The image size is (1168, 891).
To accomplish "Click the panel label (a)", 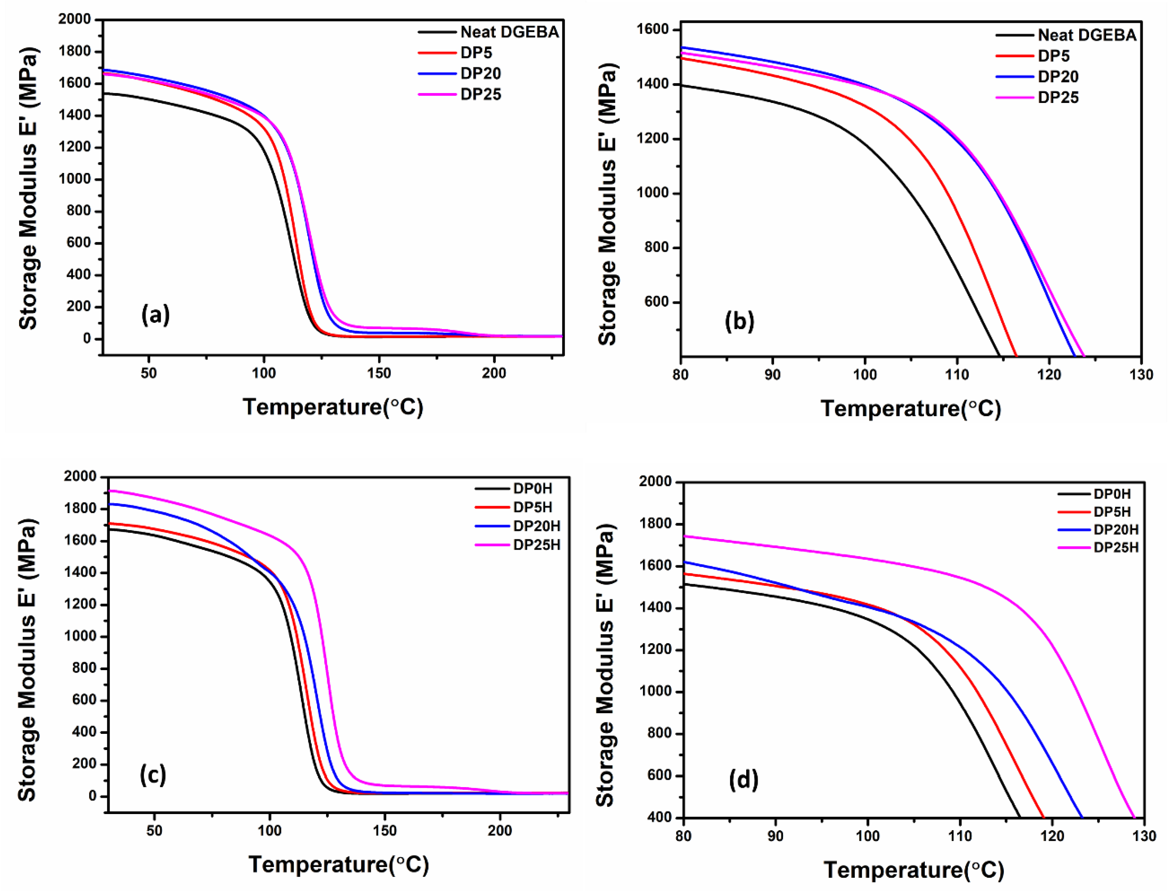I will click(156, 315).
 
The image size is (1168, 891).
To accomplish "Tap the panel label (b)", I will click(739, 322).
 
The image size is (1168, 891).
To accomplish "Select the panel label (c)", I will click(153, 775).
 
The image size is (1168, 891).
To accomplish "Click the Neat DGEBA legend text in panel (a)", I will click(509, 32).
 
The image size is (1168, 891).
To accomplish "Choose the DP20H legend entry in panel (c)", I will click(537, 526).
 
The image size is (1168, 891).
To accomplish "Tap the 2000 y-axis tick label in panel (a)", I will click(74, 20).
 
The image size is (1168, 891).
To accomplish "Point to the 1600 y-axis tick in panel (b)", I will click(653, 30).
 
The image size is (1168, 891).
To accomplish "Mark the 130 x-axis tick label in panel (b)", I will click(1141, 375).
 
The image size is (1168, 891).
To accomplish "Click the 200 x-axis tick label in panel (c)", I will click(499, 831).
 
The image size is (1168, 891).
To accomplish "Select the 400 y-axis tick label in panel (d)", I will click(660, 817).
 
